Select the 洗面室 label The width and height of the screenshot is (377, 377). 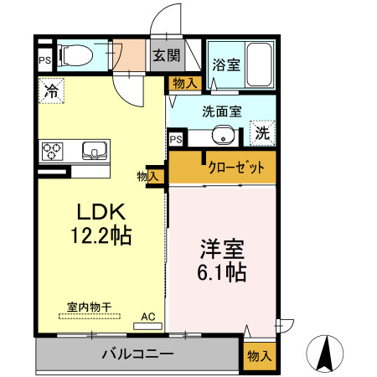[221, 110]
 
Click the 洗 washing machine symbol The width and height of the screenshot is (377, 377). [262, 132]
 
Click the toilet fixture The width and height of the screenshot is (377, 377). [74, 55]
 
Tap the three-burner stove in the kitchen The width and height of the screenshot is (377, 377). [53, 152]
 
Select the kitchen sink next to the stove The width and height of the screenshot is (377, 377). [94, 152]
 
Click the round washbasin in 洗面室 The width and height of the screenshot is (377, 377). [224, 135]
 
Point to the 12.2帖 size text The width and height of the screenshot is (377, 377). [101, 236]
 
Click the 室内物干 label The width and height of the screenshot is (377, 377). [88, 307]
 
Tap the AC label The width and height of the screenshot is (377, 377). [148, 316]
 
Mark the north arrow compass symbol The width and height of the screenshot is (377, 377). [327, 349]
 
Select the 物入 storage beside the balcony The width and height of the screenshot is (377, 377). [259, 355]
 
